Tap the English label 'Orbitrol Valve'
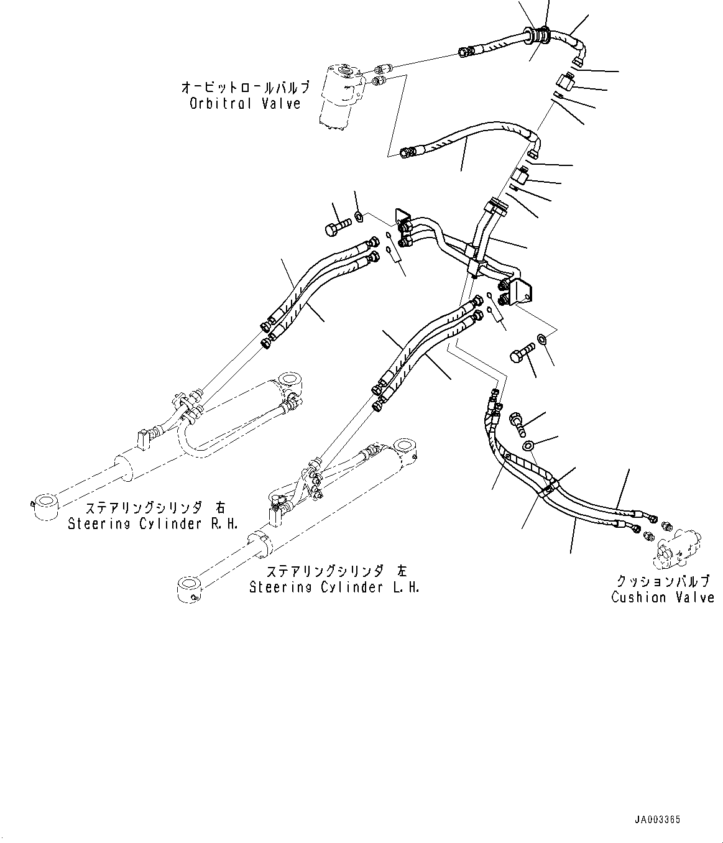click(245, 104)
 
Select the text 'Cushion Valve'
click(663, 597)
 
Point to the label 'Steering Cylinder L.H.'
click(334, 587)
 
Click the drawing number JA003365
click(657, 819)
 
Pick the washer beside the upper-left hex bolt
click(359, 216)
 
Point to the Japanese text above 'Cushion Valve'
click(663, 581)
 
